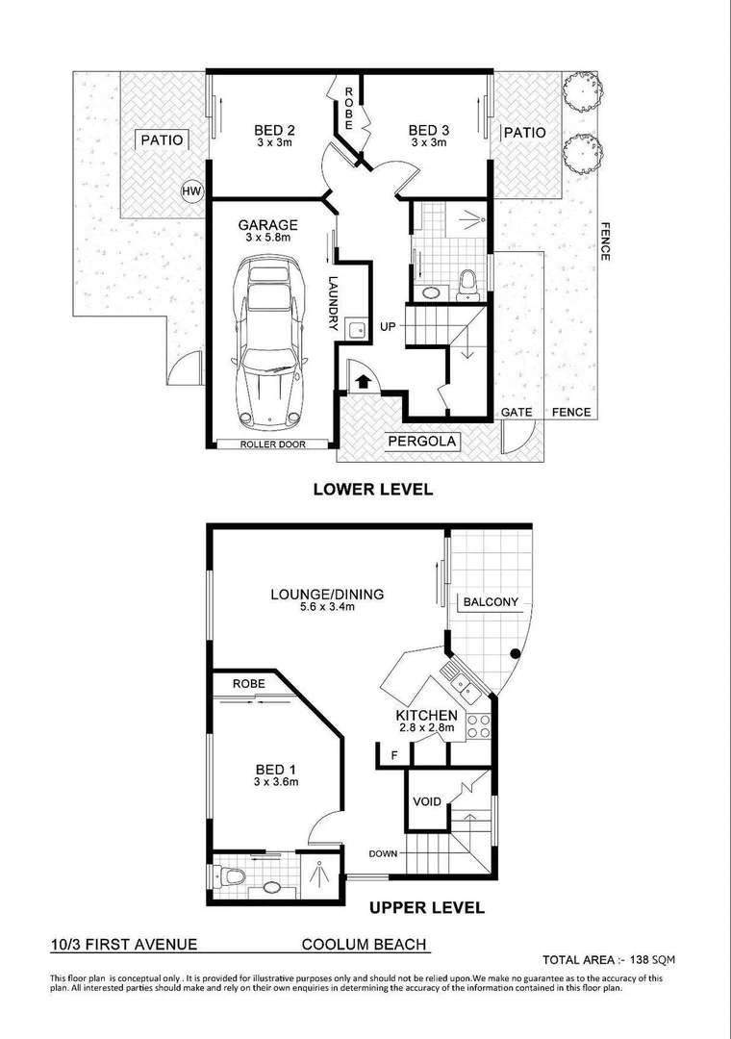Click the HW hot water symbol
(x=191, y=192)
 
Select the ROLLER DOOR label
(x=271, y=444)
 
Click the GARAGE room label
(x=268, y=225)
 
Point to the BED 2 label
(x=273, y=131)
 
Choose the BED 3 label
(x=428, y=131)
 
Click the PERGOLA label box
(x=422, y=443)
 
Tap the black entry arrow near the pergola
(x=362, y=381)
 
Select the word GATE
(x=517, y=413)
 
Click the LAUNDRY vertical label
(x=332, y=304)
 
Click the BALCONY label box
(x=491, y=602)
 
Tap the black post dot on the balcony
(x=516, y=655)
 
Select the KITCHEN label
(x=426, y=716)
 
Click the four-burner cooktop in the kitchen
(x=478, y=726)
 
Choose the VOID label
(x=426, y=801)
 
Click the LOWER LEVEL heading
(x=373, y=489)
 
